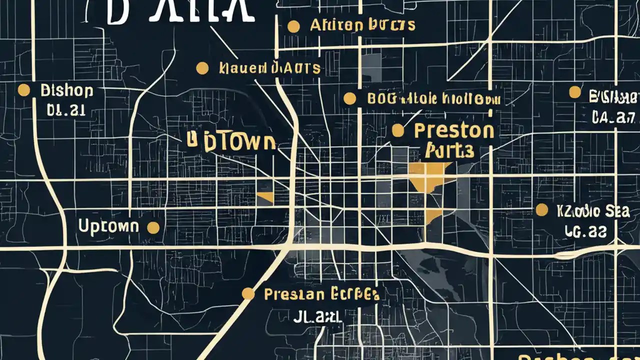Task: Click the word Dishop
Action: (66, 91)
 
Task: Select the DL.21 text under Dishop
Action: (65, 110)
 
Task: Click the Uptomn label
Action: (108, 226)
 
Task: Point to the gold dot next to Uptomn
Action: (153, 228)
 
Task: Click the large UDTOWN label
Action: (231, 142)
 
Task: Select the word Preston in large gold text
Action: (454, 131)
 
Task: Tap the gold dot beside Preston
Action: (397, 131)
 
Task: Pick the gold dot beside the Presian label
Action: (248, 293)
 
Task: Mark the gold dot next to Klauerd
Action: (202, 68)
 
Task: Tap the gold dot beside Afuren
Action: (293, 26)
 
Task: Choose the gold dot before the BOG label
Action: (350, 98)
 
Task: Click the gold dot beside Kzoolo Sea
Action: (541, 210)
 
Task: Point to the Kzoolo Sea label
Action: (592, 211)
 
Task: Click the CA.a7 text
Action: (613, 117)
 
